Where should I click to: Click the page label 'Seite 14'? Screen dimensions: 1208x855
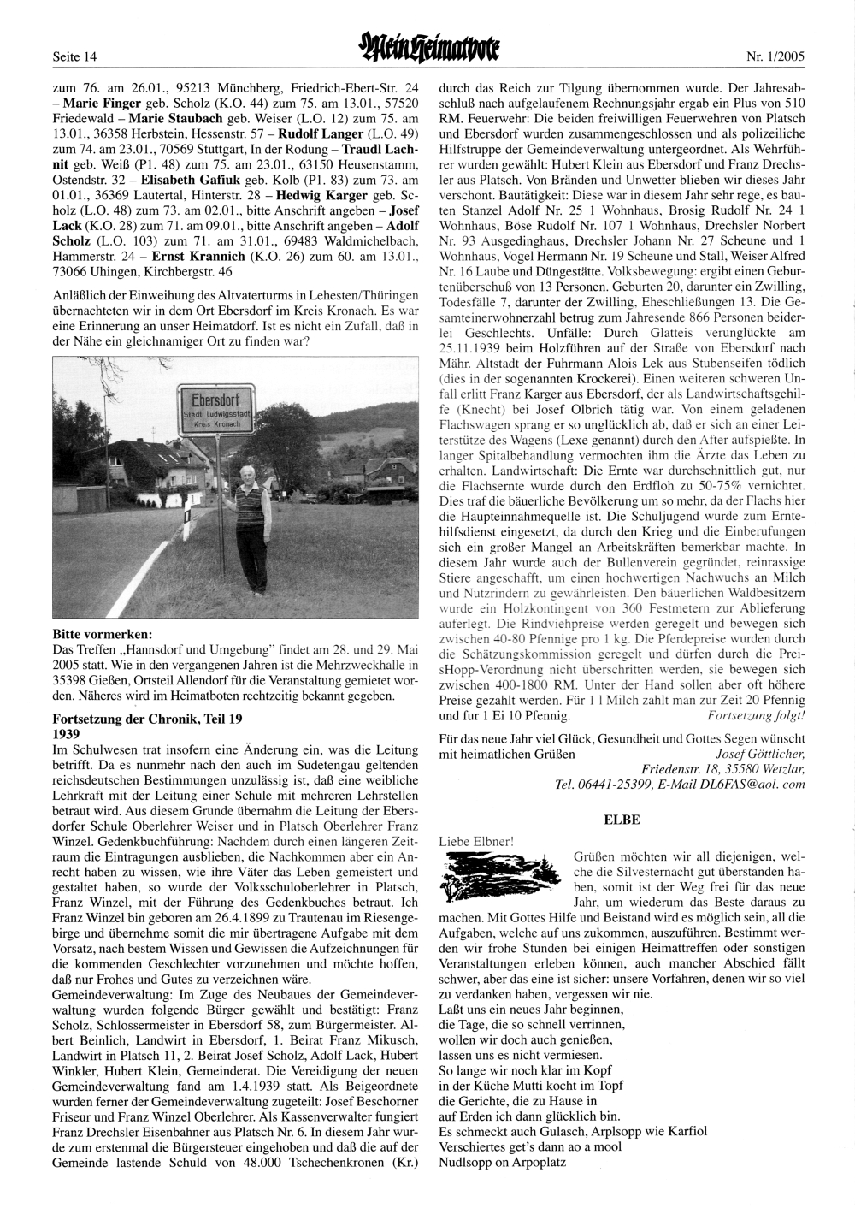coord(75,57)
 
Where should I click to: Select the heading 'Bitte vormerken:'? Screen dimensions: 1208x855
coord(103,635)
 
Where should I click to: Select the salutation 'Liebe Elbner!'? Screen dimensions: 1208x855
coord(475,841)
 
